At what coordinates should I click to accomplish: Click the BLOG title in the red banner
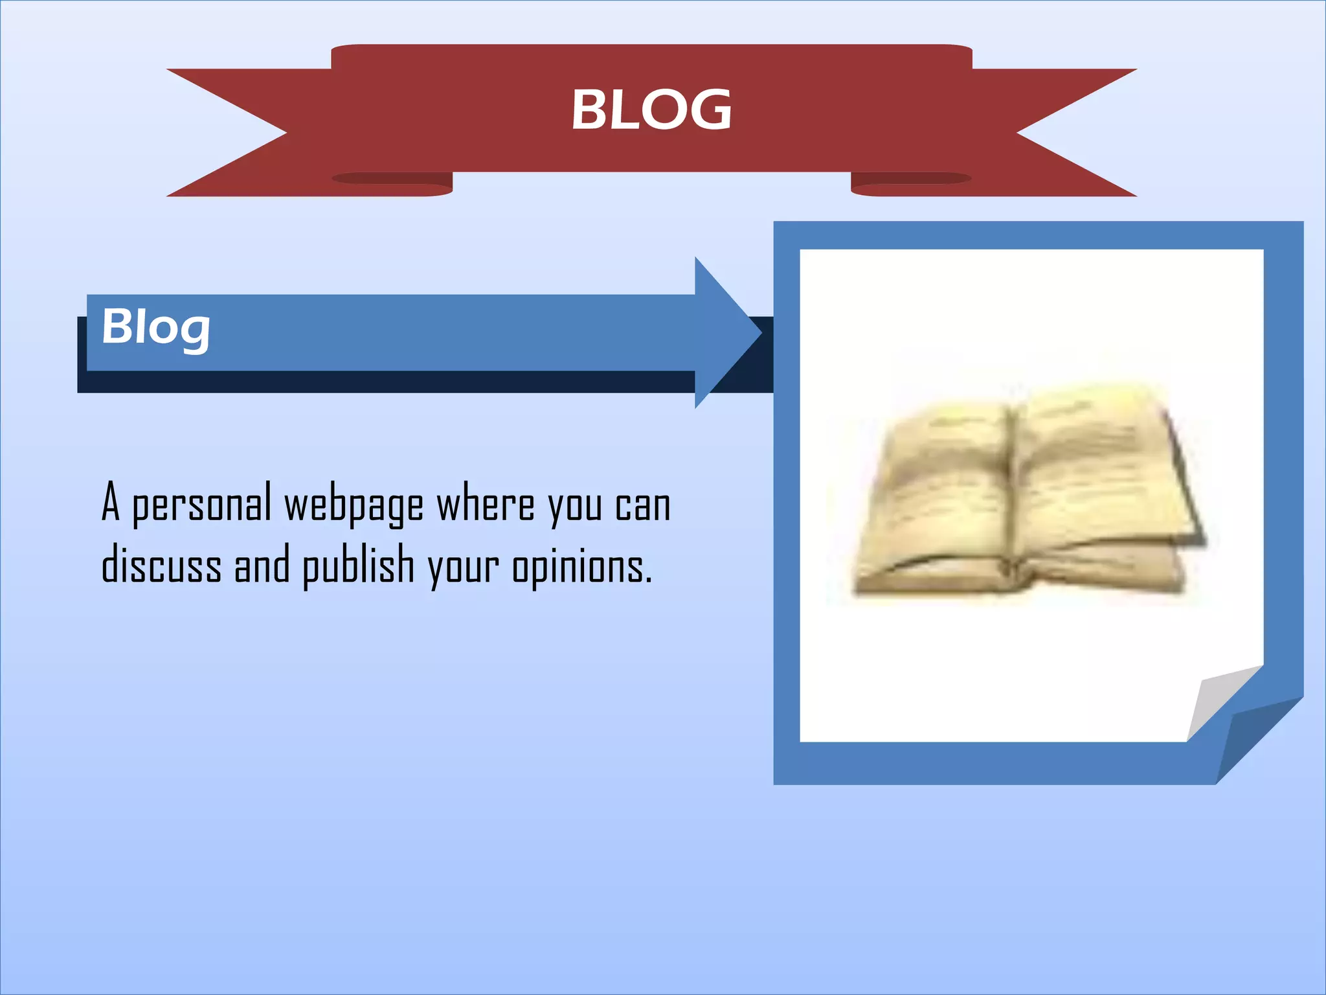[651, 109]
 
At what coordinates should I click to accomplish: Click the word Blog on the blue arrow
[156, 327]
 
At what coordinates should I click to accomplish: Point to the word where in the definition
[486, 504]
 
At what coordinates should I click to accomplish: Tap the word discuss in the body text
[161, 565]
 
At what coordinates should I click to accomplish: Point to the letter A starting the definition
[111, 502]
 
